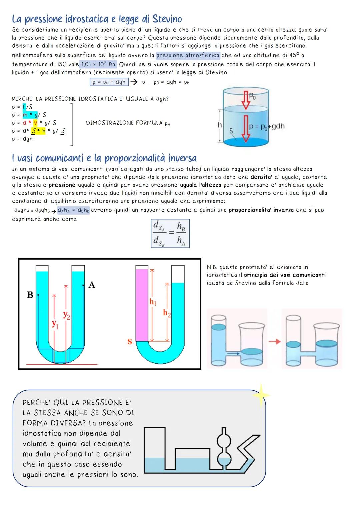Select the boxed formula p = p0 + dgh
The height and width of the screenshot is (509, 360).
[x=109, y=82]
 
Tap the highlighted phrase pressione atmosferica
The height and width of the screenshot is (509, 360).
[x=188, y=55]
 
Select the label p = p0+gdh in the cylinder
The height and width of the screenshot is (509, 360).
[x=267, y=126]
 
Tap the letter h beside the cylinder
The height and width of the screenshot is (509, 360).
[x=219, y=125]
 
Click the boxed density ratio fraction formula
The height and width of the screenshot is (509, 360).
[x=170, y=233]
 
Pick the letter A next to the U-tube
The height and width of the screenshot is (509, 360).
[x=92, y=285]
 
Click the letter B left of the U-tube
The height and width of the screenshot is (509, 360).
[x=30, y=295]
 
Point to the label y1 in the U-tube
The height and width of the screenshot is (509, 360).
[x=55, y=324]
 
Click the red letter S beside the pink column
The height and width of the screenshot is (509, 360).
[x=130, y=342]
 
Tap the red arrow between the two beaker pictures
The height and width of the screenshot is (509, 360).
[x=275, y=341]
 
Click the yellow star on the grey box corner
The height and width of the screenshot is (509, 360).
[x=261, y=395]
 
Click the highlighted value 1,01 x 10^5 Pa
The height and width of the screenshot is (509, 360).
[x=98, y=64]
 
